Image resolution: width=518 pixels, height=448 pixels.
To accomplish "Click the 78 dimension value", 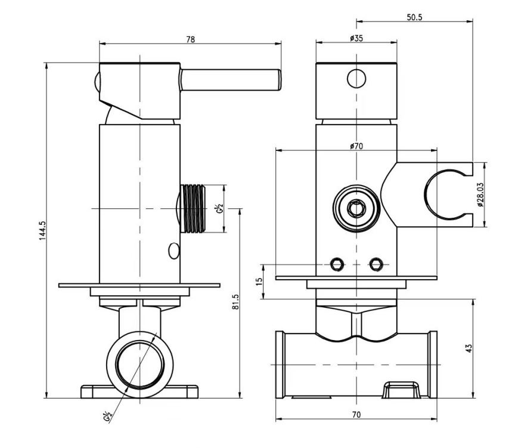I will click(190, 39).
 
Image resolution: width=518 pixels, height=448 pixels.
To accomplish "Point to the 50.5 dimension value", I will click(414, 17).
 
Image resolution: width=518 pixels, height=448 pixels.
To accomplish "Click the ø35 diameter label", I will click(356, 39).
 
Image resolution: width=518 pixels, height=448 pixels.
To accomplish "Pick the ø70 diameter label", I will click(356, 146).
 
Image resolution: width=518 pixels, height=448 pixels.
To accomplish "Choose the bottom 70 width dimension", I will click(356, 413).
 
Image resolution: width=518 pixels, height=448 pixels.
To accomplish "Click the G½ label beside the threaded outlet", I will click(220, 209).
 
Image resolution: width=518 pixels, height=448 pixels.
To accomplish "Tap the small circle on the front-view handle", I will click(356, 78).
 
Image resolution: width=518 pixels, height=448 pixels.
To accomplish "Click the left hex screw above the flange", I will click(337, 264).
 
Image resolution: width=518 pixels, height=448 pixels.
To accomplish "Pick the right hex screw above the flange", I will click(376, 264).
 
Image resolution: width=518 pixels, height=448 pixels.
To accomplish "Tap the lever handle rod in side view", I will click(230, 80).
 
